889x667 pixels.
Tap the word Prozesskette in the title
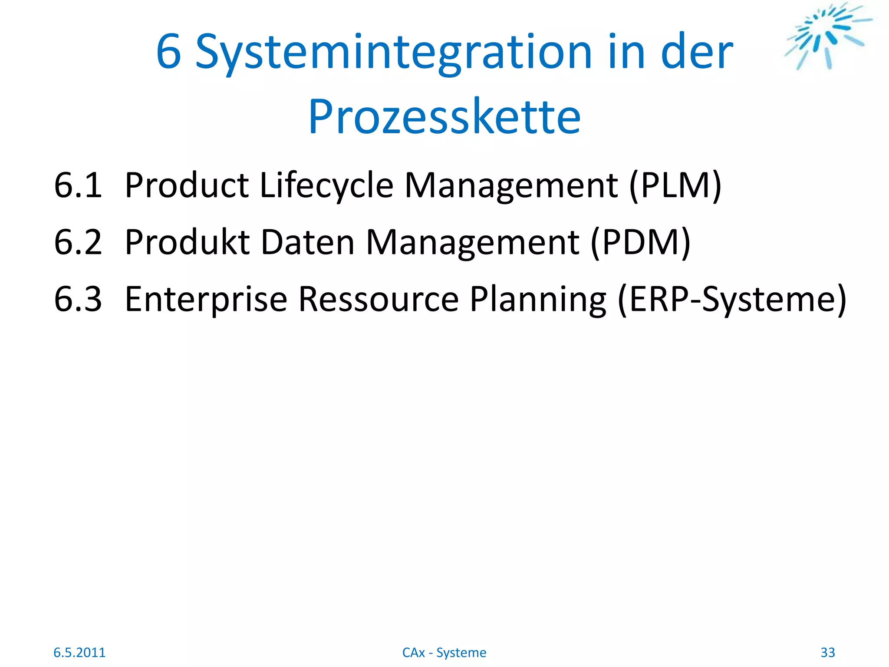[x=444, y=116]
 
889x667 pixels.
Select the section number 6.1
[x=78, y=185]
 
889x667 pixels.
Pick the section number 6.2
[x=78, y=242]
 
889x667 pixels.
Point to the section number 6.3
[x=78, y=299]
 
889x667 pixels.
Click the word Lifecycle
[x=326, y=185]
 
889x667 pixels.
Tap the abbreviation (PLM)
[x=675, y=185]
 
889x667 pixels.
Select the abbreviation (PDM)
[x=640, y=242]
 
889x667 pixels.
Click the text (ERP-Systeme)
[x=732, y=299]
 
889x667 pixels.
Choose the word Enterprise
[x=206, y=299]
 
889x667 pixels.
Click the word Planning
[x=538, y=300]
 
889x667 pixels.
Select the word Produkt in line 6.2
[x=187, y=242]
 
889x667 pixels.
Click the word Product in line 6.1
[x=187, y=185]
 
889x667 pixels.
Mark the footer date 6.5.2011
[x=79, y=652]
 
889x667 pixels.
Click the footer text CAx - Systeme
[x=444, y=652]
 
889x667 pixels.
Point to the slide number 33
[x=828, y=652]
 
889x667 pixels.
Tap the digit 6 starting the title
[x=168, y=53]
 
